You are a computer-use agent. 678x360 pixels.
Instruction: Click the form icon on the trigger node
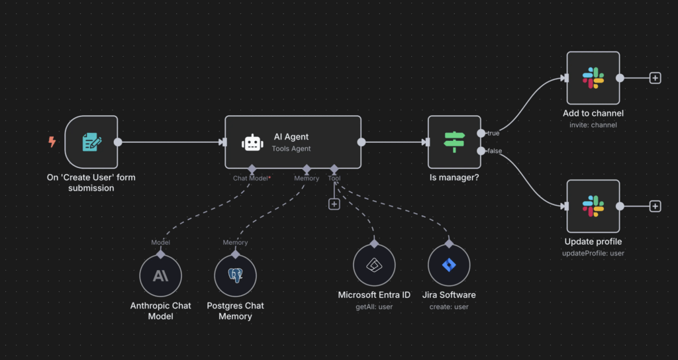[91, 142]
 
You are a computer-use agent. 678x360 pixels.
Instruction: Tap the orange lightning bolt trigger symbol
[52, 141]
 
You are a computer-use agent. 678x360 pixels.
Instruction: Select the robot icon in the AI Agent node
[252, 143]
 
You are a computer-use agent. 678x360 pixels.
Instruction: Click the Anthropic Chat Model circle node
[160, 275]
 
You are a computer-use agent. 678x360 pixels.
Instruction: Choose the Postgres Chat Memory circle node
[235, 275]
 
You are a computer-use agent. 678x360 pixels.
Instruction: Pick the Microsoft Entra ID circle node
[374, 266]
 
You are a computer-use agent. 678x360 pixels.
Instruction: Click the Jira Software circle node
[449, 266]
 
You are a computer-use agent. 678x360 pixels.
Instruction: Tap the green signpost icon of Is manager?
[454, 141]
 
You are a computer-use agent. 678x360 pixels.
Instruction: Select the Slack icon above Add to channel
[593, 78]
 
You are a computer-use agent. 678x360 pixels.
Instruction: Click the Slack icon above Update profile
[593, 206]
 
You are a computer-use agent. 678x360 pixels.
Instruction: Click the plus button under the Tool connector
[334, 204]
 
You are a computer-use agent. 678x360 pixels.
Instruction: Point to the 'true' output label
[493, 133]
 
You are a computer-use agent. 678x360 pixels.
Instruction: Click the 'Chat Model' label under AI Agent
[250, 178]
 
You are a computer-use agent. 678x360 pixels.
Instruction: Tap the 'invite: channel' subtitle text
[593, 125]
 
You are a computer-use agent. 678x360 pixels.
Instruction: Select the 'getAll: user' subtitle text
[374, 306]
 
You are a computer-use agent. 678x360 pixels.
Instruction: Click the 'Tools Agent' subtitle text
[291, 148]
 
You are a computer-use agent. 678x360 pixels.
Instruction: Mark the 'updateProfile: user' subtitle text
[593, 253]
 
